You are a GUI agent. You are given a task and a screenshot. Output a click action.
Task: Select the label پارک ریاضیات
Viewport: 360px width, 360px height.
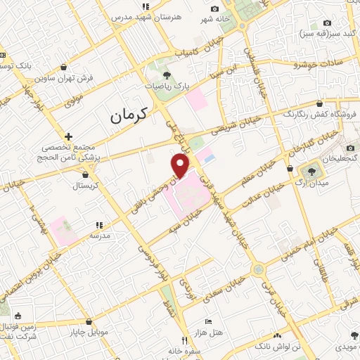[167, 86]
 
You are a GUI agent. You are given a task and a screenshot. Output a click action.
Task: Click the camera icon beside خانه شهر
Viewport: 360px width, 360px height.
[214, 8]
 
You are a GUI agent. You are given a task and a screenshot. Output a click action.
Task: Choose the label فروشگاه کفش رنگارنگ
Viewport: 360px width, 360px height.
[322, 114]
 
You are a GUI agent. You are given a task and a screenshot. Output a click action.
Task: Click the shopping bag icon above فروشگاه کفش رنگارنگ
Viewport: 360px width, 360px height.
[320, 103]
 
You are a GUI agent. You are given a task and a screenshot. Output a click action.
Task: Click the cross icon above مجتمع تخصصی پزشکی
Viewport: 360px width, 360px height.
[68, 136]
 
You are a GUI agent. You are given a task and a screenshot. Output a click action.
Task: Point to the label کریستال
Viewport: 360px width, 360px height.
[89, 186]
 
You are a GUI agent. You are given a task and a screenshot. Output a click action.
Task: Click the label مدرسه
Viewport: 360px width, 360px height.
[98, 236]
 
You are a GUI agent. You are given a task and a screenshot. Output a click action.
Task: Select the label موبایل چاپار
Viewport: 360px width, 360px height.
[87, 332]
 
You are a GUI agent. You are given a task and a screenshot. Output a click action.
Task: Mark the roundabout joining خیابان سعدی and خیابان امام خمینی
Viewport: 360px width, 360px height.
[259, 269]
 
